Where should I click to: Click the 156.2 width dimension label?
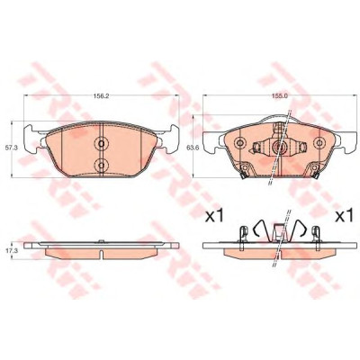pos(101,96)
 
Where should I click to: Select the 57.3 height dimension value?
pos(6,148)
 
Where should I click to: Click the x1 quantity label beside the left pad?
pos(214,216)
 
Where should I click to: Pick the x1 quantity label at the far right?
pos(344,216)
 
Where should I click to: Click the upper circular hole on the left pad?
pos(101,144)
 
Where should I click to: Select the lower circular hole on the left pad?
pos(101,165)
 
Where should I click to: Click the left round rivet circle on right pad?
pos(239,142)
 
